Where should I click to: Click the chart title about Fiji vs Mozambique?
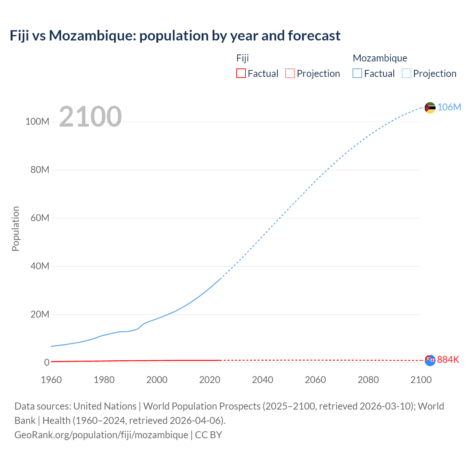click(x=175, y=36)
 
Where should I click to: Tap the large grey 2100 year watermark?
click(x=90, y=117)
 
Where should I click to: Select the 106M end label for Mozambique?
click(x=449, y=107)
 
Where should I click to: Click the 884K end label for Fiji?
click(x=448, y=360)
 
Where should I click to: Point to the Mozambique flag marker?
click(x=430, y=108)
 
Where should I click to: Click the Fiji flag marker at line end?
click(x=430, y=360)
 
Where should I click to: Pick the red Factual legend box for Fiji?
click(x=241, y=73)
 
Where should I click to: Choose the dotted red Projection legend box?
click(x=290, y=73)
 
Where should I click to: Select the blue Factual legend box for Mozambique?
click(x=357, y=73)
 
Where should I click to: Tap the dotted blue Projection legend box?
click(x=406, y=73)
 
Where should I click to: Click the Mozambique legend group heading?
click(x=380, y=58)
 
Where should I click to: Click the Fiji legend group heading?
click(x=242, y=58)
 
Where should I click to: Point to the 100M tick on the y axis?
click(x=37, y=122)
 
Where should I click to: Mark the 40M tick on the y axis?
click(x=39, y=266)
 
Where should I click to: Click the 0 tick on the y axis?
click(x=46, y=362)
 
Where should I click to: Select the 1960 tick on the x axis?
click(x=51, y=380)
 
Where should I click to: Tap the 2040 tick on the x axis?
click(x=262, y=380)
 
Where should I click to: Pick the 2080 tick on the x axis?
click(x=368, y=380)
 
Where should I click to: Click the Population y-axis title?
click(x=15, y=229)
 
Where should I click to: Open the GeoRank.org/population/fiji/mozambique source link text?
click(x=101, y=435)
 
